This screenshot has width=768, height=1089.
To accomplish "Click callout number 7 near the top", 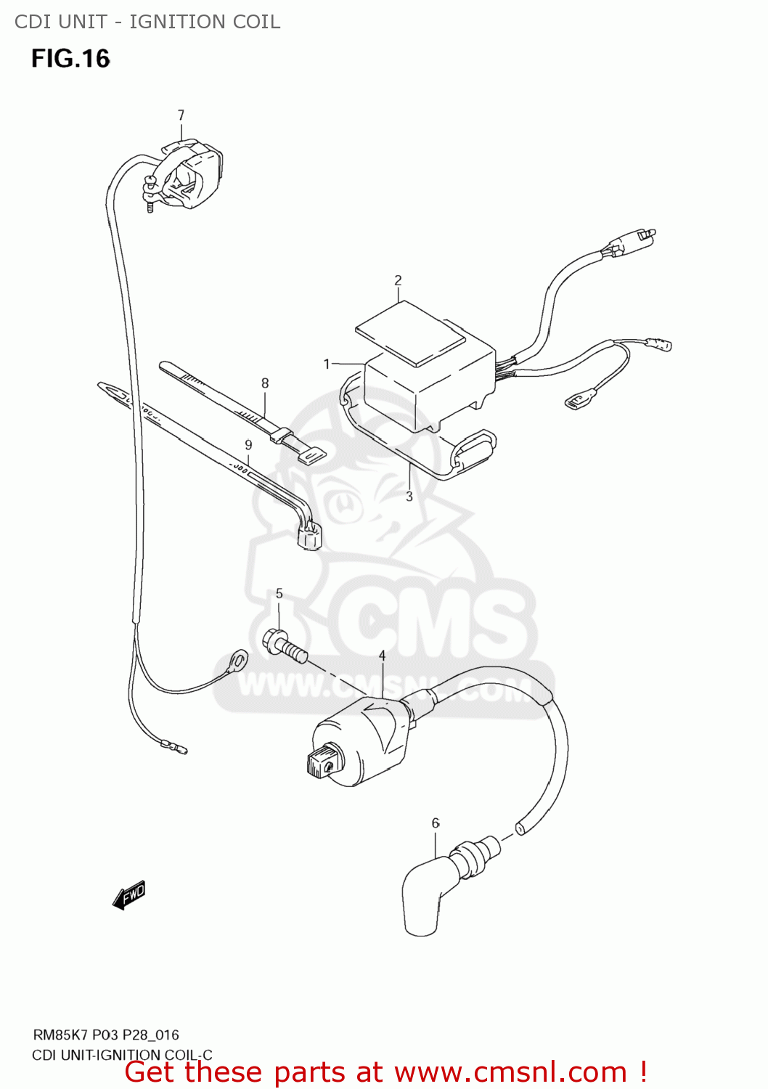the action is [181, 115].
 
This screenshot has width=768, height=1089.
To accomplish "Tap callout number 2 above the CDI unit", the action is [398, 280].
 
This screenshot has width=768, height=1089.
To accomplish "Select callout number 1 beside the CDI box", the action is [327, 364].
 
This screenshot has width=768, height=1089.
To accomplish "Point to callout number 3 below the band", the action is [409, 497].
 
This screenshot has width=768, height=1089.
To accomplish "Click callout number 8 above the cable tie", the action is [265, 383].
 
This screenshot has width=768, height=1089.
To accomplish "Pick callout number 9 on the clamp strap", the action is [248, 445].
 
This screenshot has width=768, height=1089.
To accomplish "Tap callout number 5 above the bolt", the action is [279, 594].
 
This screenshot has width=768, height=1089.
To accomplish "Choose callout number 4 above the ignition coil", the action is [382, 656].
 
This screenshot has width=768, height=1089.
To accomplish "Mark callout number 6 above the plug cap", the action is [436, 823].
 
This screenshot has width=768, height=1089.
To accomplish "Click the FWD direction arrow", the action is [129, 895].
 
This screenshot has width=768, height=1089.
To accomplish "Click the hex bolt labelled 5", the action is [284, 645].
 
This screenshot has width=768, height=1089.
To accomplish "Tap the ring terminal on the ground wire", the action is [236, 661].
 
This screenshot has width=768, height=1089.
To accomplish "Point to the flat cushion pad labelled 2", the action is [410, 333].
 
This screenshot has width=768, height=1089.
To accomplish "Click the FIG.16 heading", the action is [70, 59].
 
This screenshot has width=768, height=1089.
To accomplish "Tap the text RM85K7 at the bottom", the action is [60, 1035].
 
